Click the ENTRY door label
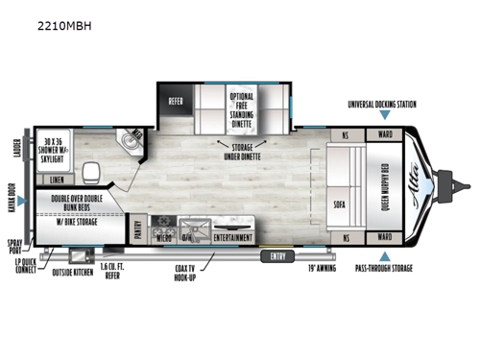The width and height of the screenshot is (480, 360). click(276, 256)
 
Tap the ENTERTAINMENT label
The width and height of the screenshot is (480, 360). click(232, 236)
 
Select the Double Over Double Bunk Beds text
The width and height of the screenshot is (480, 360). click(73, 205)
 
